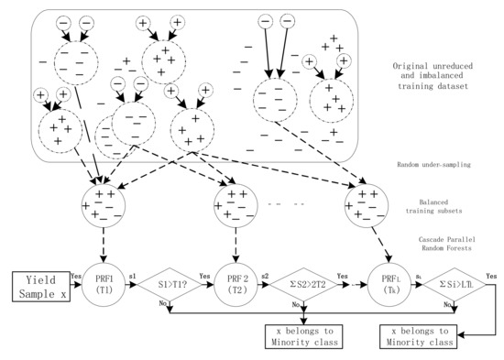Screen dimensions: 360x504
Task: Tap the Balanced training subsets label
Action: [x=429, y=207]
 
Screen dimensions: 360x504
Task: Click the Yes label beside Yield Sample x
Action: [x=75, y=274]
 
